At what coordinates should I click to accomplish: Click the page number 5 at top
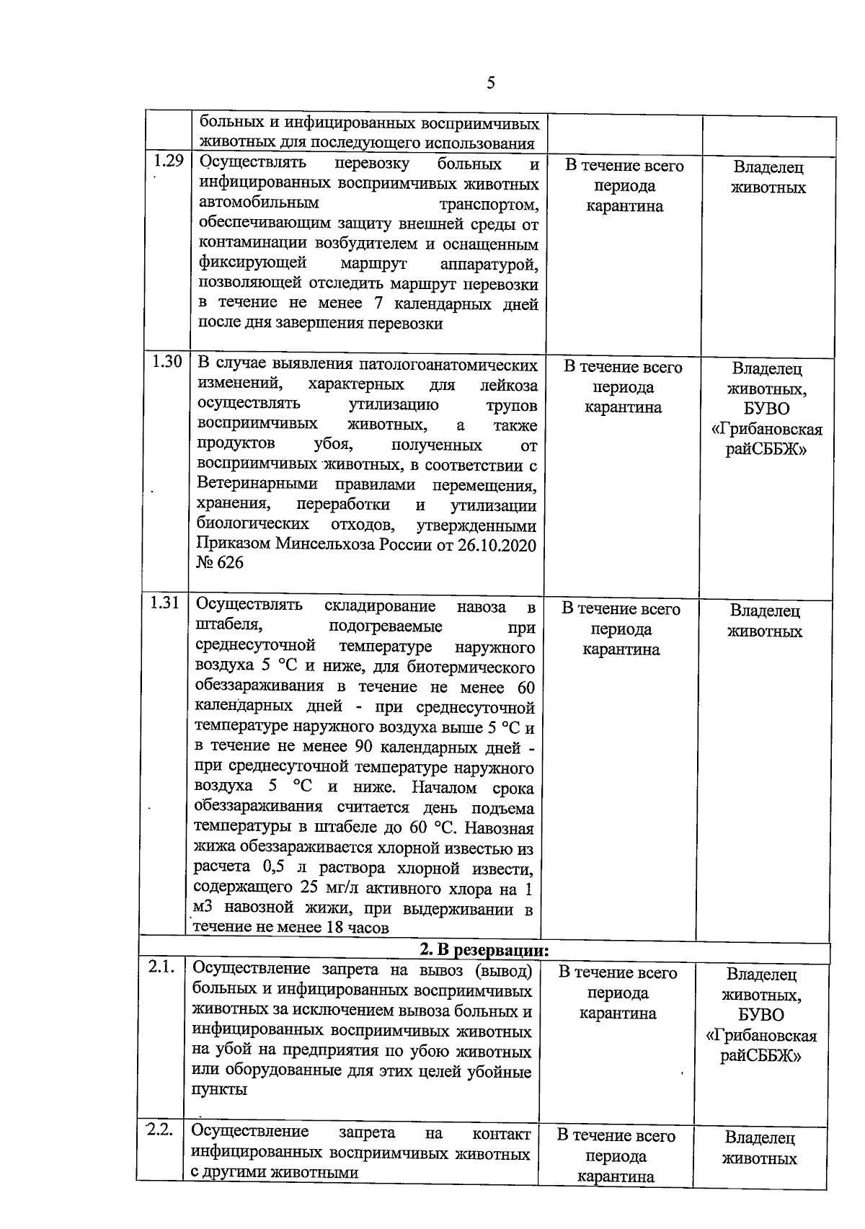[x=491, y=83]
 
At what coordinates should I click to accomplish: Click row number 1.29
[x=168, y=161]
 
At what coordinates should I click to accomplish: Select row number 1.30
[x=167, y=362]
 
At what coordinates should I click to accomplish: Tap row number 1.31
[x=164, y=603]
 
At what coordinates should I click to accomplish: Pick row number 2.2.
[x=159, y=1130]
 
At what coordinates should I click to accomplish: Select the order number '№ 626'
[x=220, y=563]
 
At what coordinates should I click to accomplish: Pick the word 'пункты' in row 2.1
[x=219, y=1089]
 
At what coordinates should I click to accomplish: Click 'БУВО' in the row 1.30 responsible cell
[x=767, y=409]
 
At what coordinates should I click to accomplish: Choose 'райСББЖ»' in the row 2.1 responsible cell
[x=761, y=1056]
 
